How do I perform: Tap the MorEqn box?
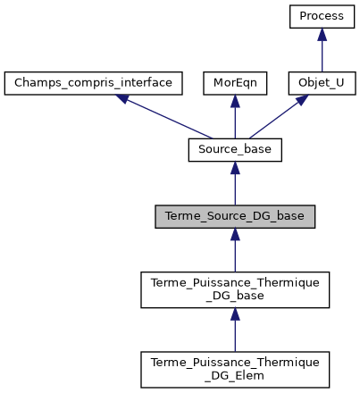[234, 83]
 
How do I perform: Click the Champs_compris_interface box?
[94, 83]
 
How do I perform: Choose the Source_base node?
[235, 149]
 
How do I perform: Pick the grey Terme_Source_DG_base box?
[235, 215]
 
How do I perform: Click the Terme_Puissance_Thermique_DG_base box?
[235, 288]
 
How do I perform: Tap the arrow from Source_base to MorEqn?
[235, 118]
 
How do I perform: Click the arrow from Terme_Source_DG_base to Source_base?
[235, 184]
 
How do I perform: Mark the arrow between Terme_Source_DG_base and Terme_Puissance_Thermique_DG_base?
[235, 249]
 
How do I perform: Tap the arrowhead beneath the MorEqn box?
[235, 102]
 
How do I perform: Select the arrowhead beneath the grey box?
[235, 234]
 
